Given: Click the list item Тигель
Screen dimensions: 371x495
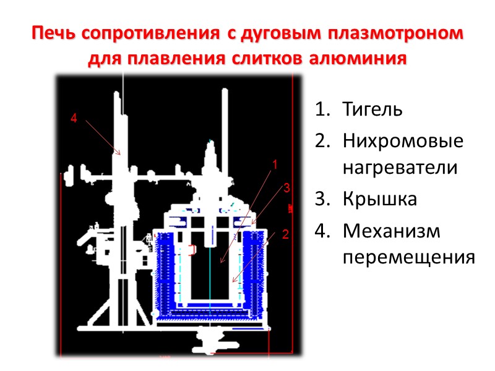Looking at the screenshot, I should (x=372, y=111).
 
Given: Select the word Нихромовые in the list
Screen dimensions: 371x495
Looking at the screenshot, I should (x=403, y=141).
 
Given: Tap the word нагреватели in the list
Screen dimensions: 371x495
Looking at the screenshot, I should (x=400, y=168).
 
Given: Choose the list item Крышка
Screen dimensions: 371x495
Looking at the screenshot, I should (x=379, y=200).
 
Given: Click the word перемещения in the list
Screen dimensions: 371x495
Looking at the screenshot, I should (x=408, y=256).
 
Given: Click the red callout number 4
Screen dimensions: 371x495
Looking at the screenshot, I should (x=74, y=119).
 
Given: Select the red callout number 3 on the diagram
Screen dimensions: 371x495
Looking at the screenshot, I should (x=286, y=187).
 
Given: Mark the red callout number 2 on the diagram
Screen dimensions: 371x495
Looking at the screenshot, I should (x=285, y=234).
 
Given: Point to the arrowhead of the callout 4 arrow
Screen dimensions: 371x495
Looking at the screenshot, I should (x=119, y=152).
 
